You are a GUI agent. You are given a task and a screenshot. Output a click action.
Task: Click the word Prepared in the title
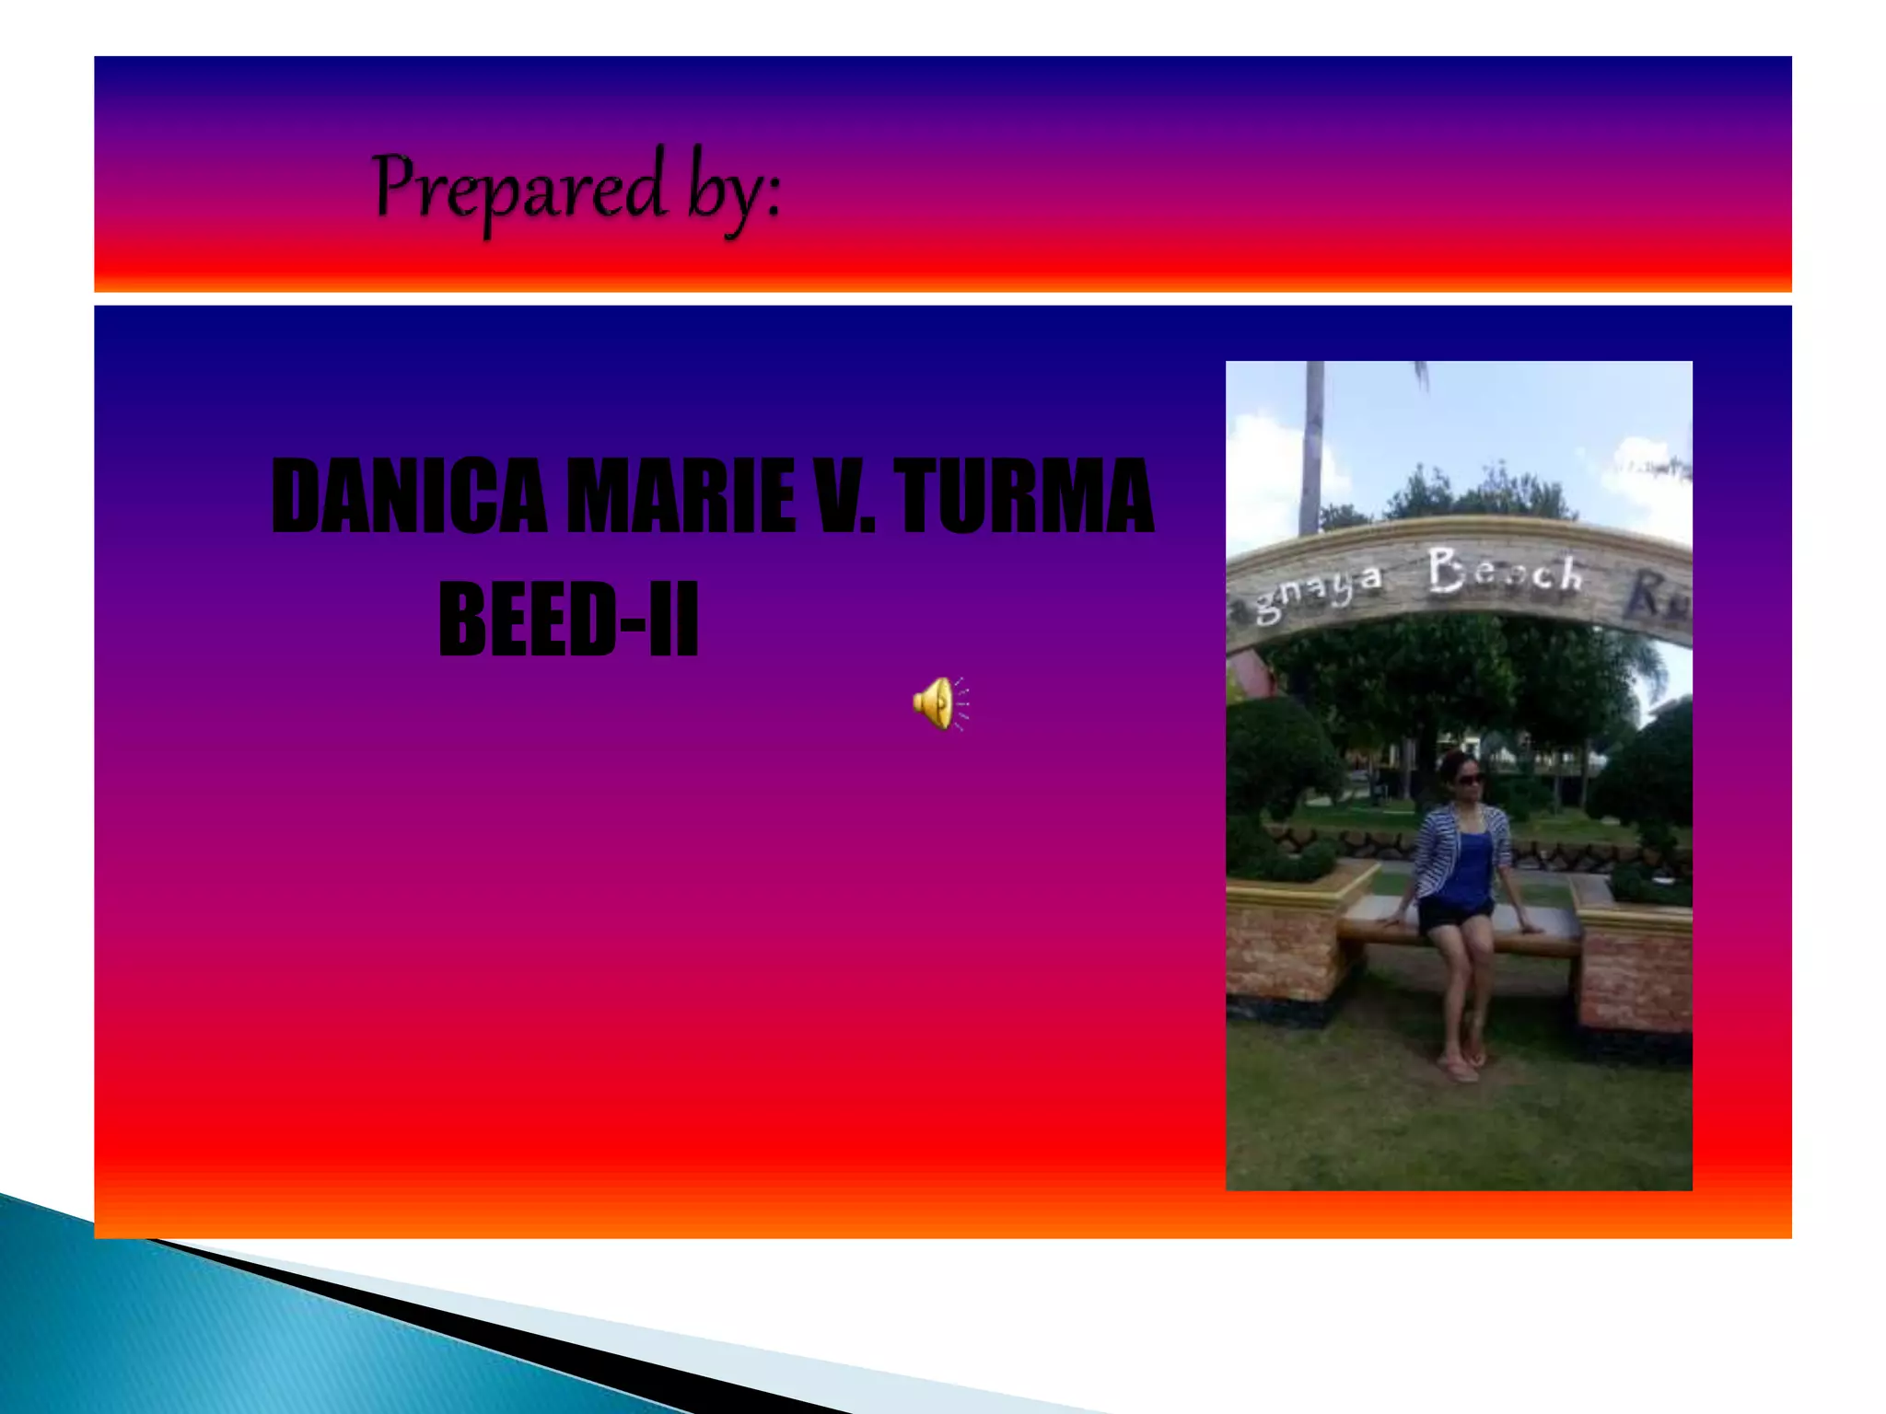pos(518,189)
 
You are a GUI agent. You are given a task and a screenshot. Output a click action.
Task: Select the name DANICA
pos(410,498)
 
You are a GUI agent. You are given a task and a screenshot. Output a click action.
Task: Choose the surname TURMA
pos(1024,498)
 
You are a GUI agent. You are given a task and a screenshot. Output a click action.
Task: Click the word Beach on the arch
pos(1505,572)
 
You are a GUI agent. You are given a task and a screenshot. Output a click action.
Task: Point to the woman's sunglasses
pos(1467,780)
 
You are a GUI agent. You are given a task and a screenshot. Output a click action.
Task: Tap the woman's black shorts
pos(1455,915)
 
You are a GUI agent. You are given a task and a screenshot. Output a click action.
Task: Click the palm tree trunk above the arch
pos(1312,442)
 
